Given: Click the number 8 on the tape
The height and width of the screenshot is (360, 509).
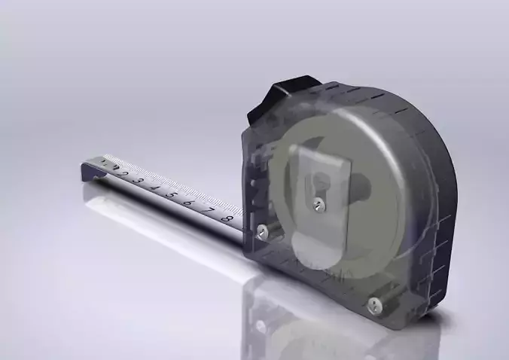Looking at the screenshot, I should pyautogui.click(x=224, y=218).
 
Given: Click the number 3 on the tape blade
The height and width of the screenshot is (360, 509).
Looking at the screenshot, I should pyautogui.click(x=139, y=181).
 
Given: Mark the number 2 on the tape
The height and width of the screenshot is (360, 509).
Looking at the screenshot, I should pyautogui.click(x=123, y=174).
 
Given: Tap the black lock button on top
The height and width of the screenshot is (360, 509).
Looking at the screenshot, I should pyautogui.click(x=286, y=96).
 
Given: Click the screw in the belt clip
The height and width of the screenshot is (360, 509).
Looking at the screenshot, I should pyautogui.click(x=319, y=202).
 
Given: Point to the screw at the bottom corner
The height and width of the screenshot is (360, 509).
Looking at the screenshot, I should pyautogui.click(x=373, y=304).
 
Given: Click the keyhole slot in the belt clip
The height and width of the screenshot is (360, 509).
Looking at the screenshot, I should pyautogui.click(x=322, y=182).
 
